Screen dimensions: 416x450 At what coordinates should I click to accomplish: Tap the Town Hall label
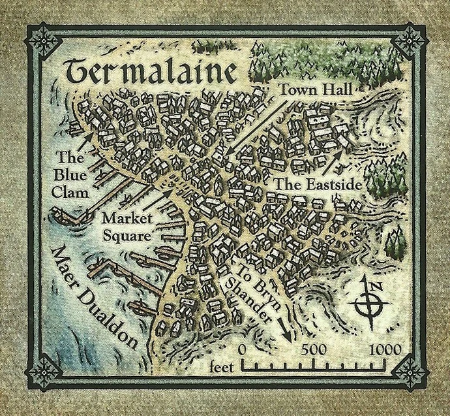tap(316, 91)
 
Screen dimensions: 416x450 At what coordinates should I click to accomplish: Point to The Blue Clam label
tap(72, 174)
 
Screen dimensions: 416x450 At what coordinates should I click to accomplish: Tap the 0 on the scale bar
tap(242, 349)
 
